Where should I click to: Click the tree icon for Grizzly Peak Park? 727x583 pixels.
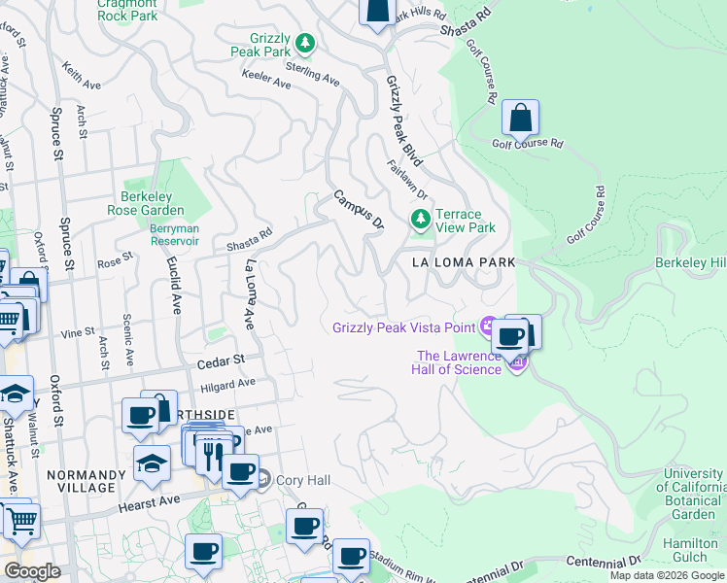pyautogui.click(x=305, y=43)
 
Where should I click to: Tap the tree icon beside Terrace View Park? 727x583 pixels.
pyautogui.click(x=421, y=221)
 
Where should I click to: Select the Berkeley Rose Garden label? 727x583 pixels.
pyautogui.click(x=153, y=203)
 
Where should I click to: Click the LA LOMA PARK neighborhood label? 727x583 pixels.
pyautogui.click(x=463, y=262)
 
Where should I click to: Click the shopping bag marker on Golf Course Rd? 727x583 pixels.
pyautogui.click(x=521, y=119)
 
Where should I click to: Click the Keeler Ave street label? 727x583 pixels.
pyautogui.click(x=266, y=84)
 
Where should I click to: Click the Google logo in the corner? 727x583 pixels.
pyautogui.click(x=32, y=571)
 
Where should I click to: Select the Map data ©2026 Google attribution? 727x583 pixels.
pyautogui.click(x=667, y=575)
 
